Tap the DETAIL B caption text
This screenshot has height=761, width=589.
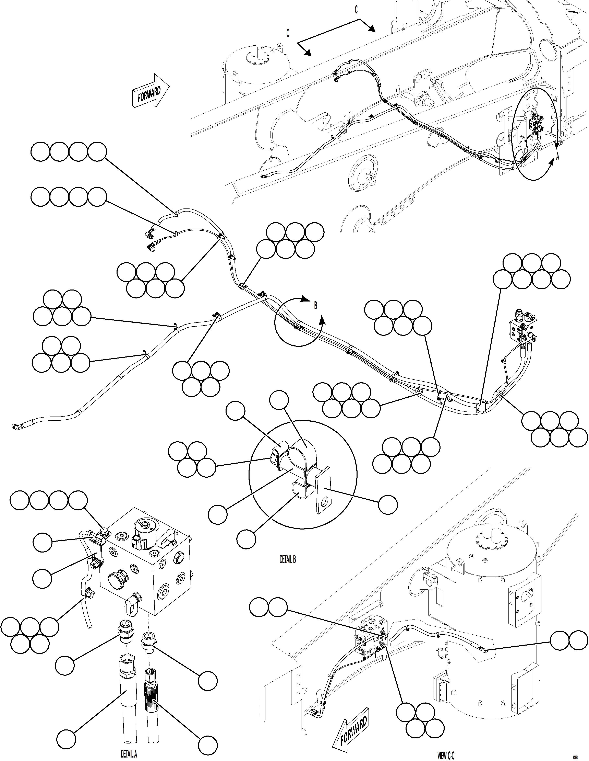point(288,560)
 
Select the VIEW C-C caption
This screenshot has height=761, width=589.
point(446,756)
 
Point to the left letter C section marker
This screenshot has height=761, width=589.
point(288,33)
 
